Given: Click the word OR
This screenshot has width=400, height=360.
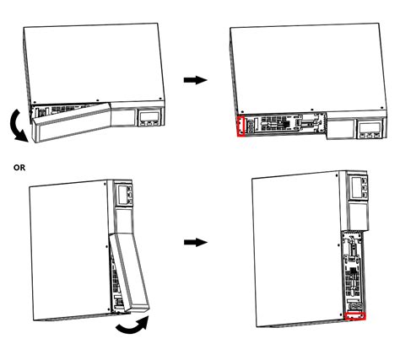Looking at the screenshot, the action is point(19,168).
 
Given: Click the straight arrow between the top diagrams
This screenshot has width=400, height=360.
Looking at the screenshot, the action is point(195,80).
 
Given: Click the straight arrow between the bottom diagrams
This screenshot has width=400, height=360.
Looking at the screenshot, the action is point(196,242).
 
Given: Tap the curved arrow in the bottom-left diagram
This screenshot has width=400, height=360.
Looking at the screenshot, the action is point(133,326).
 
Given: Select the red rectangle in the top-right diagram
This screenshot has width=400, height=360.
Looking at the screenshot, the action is point(241,126).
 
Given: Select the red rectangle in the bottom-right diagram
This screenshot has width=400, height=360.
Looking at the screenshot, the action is point(355,316).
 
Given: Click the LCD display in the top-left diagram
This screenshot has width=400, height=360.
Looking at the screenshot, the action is point(149,116).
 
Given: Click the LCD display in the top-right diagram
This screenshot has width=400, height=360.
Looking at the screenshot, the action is point(370,128).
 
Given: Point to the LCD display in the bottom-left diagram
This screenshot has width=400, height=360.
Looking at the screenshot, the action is point(122,194).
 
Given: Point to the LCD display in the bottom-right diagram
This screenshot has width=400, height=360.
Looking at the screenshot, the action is point(355,187).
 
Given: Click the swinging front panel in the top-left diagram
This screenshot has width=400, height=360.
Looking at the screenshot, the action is point(71,122).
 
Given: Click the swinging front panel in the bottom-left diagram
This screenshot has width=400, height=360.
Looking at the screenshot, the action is point(129,272).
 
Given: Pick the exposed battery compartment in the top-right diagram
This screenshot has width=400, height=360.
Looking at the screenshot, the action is point(285,124).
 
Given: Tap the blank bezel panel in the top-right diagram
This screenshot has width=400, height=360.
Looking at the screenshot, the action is point(342,129).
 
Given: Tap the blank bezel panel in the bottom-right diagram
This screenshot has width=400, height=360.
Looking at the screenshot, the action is point(358,217).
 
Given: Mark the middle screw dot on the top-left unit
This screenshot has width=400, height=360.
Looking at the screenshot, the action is point(97,100).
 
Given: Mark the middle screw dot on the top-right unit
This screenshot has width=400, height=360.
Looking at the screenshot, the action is point(311,110).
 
